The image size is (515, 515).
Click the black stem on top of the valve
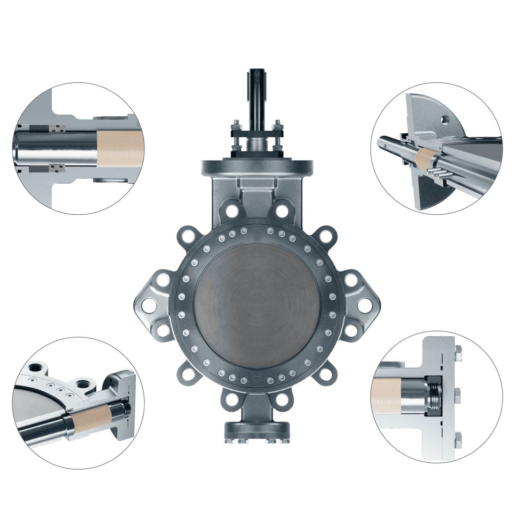click(257, 96)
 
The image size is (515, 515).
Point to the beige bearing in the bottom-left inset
click(91, 418)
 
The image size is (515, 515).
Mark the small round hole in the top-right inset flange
click(444, 120)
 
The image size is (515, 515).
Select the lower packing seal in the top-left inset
click(58, 166)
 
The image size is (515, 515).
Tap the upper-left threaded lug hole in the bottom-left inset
click(35, 367)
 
